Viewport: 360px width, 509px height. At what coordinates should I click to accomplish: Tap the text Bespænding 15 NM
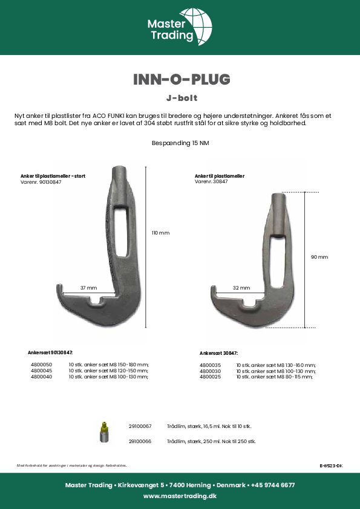[180, 143]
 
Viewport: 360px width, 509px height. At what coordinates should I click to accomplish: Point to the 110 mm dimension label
[160, 233]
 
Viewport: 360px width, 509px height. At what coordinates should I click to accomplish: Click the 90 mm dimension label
[319, 257]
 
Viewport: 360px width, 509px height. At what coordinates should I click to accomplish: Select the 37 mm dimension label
[88, 288]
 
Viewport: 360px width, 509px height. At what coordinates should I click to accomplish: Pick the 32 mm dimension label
[241, 288]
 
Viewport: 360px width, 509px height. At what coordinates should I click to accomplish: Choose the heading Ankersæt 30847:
[218, 353]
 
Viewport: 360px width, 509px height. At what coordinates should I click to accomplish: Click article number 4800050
[41, 365]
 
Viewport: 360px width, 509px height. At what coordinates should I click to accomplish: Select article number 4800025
[210, 377]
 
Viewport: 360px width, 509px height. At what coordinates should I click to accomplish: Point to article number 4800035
[210, 365]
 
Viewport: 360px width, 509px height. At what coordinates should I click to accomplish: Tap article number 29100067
[140, 426]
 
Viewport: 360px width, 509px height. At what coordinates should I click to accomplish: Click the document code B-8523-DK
[330, 465]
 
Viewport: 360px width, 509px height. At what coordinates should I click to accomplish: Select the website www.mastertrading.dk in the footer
[180, 496]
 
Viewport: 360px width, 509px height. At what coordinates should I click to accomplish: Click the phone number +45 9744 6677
[273, 485]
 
